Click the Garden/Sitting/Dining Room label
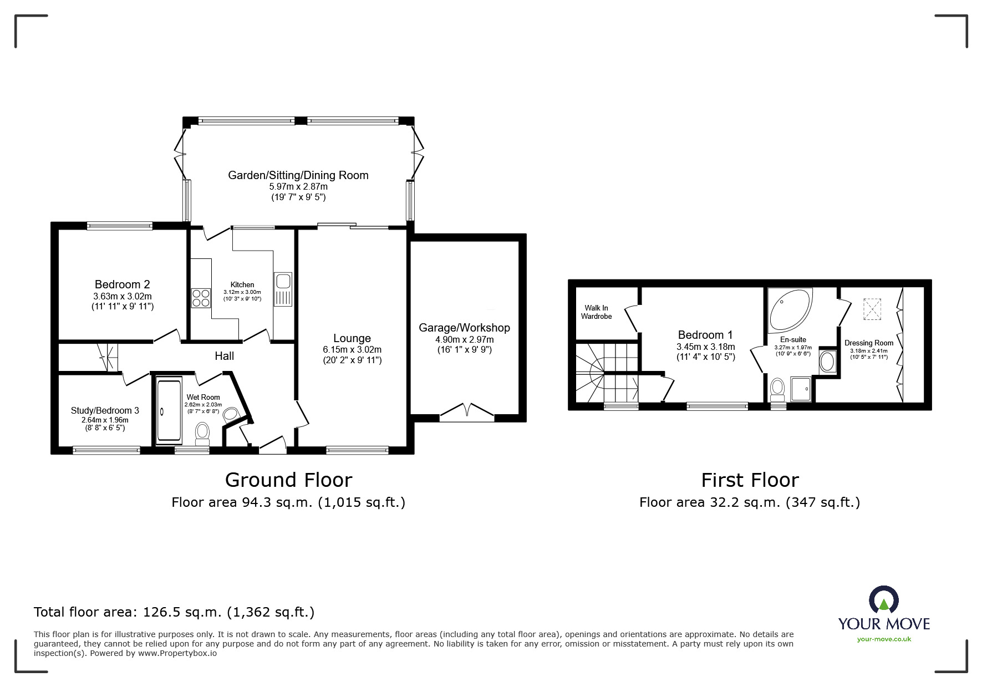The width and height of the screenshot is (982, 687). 298,175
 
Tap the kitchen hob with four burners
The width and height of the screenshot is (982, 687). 201,298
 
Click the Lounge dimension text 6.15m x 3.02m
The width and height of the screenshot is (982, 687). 352,350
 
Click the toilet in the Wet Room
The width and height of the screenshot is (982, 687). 202,433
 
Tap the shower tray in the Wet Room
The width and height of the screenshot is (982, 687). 169,411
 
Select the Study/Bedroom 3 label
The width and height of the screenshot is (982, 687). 105,411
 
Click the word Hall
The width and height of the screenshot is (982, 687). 225,356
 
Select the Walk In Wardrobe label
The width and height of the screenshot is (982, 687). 596,312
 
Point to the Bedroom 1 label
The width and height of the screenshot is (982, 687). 705,335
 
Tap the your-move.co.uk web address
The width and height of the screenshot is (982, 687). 884,639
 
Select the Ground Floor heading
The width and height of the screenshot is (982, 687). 288,480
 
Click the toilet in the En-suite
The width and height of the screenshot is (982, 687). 777,388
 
